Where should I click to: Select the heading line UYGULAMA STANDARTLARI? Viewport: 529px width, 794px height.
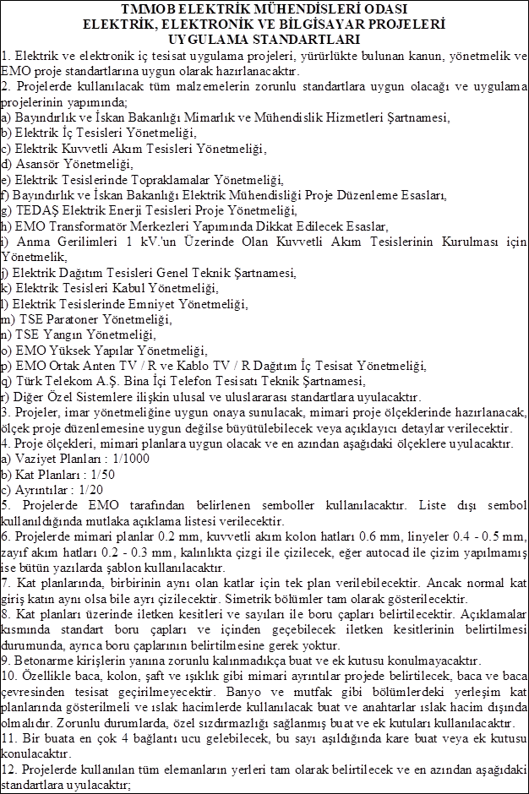pyautogui.click(x=264, y=39)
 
